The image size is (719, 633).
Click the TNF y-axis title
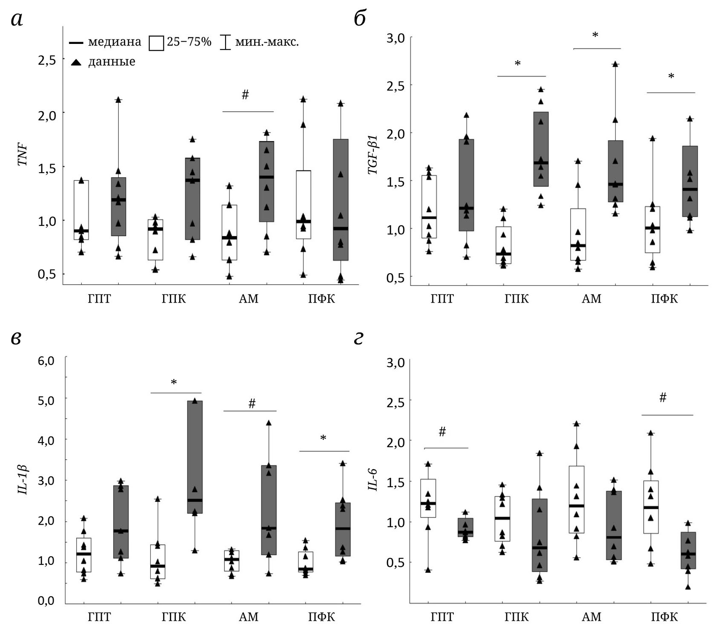pyautogui.click(x=23, y=155)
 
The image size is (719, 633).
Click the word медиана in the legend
pyautogui.click(x=115, y=42)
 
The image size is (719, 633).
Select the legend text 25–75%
pyautogui.click(x=189, y=42)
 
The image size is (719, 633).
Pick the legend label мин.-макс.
pyautogui.click(x=267, y=42)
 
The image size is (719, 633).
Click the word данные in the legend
pyautogui.click(x=112, y=62)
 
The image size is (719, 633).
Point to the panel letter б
pyautogui.click(x=360, y=19)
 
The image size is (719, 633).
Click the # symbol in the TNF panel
pyautogui.click(x=245, y=95)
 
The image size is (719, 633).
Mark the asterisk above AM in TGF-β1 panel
pyautogui.click(x=595, y=35)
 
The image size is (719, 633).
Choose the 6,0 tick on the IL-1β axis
pyautogui.click(x=46, y=361)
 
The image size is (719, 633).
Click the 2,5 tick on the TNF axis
pyautogui.click(x=46, y=60)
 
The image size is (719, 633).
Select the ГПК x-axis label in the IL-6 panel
pyautogui.click(x=516, y=617)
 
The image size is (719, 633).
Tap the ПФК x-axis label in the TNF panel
pyautogui.click(x=321, y=299)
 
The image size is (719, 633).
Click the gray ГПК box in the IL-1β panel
pyautogui.click(x=195, y=457)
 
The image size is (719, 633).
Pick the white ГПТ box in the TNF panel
pyautogui.click(x=81, y=210)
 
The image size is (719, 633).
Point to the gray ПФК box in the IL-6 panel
pyautogui.click(x=688, y=550)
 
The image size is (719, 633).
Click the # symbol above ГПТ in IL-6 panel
pyautogui.click(x=442, y=432)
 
